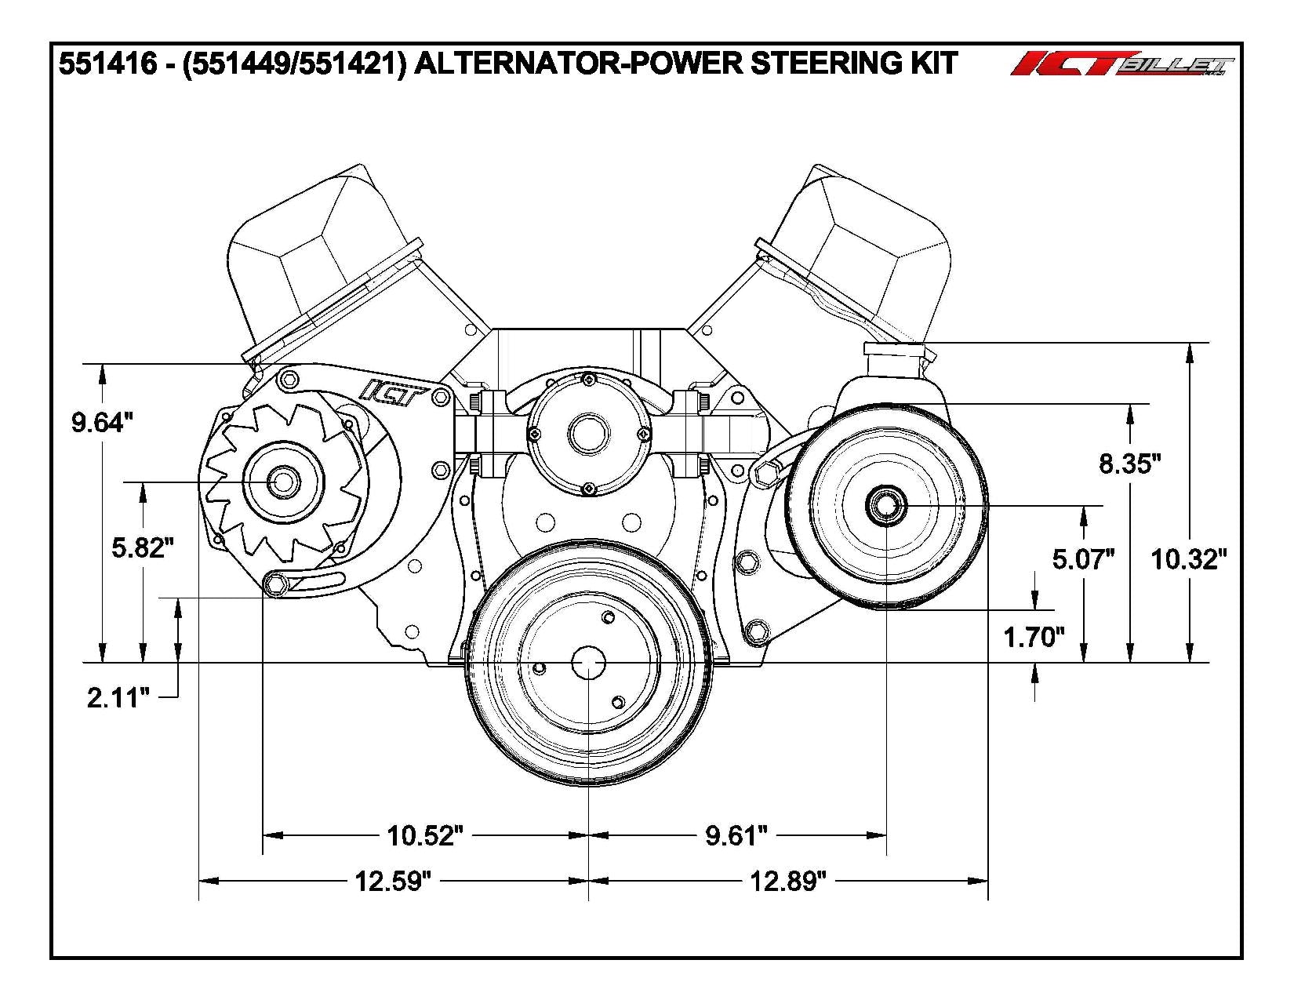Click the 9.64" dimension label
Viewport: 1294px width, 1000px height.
[x=97, y=424]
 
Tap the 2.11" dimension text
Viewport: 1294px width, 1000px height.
[x=118, y=697]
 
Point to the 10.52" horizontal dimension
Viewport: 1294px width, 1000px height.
[x=420, y=836]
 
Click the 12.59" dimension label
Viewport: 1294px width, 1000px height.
[x=393, y=882]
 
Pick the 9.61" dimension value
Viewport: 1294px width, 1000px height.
[x=735, y=836]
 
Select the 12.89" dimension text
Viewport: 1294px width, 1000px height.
[x=788, y=882]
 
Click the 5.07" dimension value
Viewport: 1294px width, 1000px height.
[x=1083, y=559]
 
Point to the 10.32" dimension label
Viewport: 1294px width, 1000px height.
[x=1188, y=559]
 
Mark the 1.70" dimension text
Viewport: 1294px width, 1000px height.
[x=1034, y=637]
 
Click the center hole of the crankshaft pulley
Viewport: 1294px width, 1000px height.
[x=588, y=664]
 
